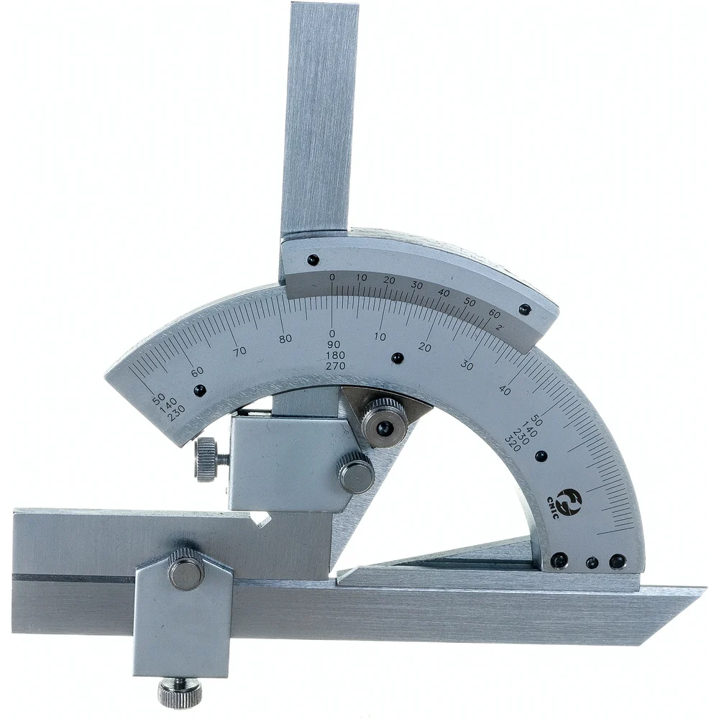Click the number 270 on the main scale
click(x=335, y=366)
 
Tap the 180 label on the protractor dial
click(x=335, y=355)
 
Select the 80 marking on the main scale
click(x=285, y=339)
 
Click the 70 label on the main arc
click(x=239, y=352)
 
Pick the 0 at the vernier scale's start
click(x=332, y=277)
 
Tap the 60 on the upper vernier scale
click(x=494, y=314)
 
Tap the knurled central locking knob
click(x=383, y=423)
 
